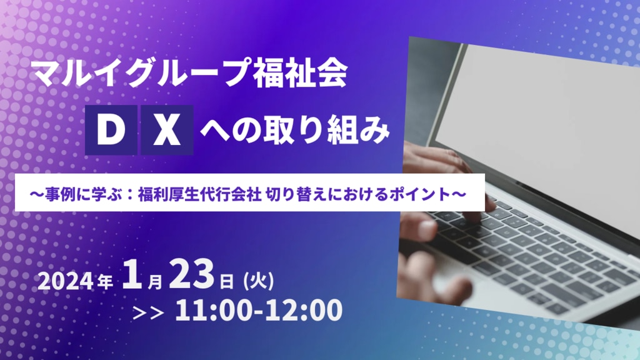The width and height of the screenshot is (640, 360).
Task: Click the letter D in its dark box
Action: click(111, 130)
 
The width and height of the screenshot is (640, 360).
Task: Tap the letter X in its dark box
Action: click(166, 130)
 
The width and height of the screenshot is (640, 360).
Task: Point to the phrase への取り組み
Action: click(295, 130)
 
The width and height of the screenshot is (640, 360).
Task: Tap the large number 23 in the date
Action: click(191, 275)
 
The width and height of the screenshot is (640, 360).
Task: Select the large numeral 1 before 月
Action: click(132, 275)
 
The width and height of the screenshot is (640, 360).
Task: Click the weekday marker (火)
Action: click(258, 281)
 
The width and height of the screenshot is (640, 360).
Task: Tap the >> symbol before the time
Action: click(149, 312)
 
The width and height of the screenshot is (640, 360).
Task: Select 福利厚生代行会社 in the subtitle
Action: click(199, 194)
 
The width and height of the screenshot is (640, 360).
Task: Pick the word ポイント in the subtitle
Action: click(419, 194)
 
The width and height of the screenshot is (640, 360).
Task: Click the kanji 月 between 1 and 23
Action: click(155, 282)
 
